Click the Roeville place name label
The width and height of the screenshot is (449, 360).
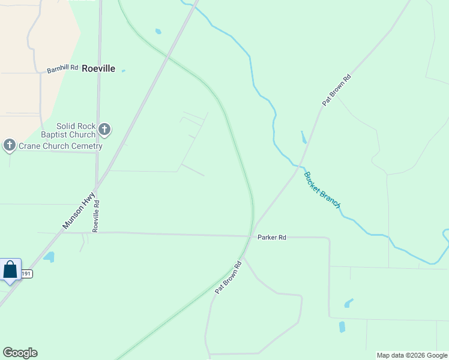click(98, 68)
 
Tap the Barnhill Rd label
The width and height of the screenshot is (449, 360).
click(62, 69)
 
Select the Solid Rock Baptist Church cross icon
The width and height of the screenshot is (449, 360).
click(104, 129)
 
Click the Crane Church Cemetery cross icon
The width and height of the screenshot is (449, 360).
click(9, 145)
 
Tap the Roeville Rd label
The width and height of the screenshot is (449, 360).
click(95, 216)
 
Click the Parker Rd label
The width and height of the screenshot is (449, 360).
click(272, 238)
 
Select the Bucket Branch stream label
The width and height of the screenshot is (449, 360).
click(322, 190)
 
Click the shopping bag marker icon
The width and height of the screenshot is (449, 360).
click(10, 269)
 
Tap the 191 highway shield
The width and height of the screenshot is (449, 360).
click(26, 274)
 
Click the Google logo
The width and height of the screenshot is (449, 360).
click(20, 353)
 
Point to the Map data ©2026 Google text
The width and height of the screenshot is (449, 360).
click(412, 355)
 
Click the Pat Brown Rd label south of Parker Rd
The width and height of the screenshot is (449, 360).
click(228, 277)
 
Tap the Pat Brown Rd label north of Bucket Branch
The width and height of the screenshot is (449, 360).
click(336, 90)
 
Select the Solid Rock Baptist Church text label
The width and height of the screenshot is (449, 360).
click(76, 130)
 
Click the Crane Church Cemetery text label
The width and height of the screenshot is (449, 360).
click(61, 146)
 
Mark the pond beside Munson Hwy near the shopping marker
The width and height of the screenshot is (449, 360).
click(49, 257)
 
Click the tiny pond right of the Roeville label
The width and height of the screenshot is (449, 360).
click(123, 71)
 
